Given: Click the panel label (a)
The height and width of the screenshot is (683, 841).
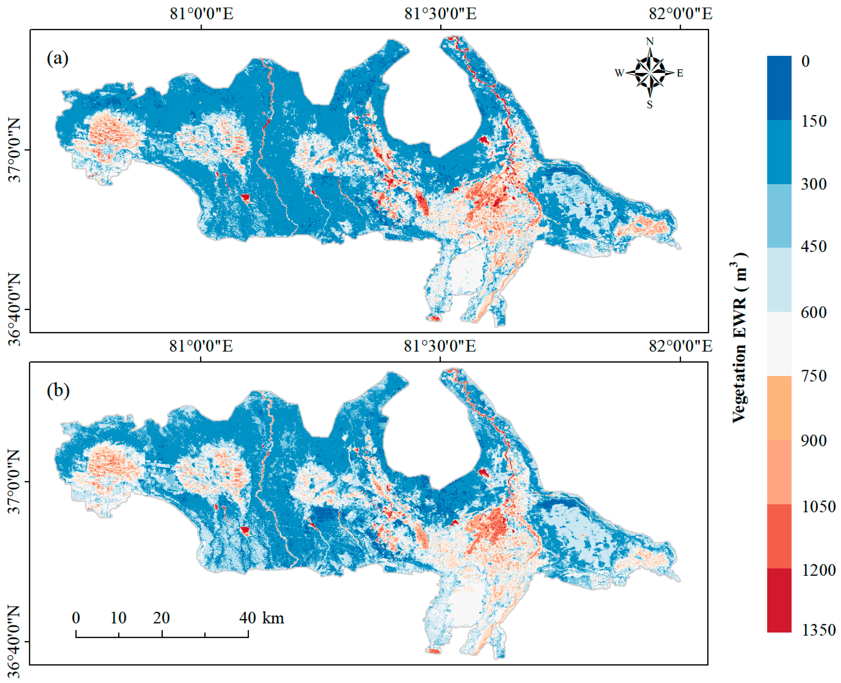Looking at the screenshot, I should pos(58,59).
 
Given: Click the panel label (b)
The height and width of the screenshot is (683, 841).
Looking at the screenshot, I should pos(58,391).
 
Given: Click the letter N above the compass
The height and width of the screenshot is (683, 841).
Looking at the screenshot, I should pos(650,41).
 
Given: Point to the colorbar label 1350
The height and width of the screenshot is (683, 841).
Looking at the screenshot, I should pos(818,630).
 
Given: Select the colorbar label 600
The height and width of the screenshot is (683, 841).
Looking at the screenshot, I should pos(813,313).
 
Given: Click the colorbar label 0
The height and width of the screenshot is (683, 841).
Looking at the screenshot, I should pos(806,61).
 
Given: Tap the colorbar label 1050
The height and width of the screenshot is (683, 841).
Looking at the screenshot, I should pos(818,507).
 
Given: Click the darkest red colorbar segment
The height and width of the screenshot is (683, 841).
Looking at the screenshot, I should pos(779,599).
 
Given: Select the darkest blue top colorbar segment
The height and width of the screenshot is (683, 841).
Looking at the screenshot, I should pos(779,88).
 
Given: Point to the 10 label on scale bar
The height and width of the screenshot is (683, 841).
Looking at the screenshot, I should pos(118,618).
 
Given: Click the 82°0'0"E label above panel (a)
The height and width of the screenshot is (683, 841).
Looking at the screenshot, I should pos(681,14).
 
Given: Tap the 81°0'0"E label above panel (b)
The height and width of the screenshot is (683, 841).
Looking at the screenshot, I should pos(201,346).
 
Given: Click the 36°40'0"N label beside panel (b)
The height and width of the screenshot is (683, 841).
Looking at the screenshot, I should pos(15,640).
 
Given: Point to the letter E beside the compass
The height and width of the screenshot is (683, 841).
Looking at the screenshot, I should pos(680,73).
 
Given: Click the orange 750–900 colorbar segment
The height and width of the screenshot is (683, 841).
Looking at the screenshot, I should pos(779,408).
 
